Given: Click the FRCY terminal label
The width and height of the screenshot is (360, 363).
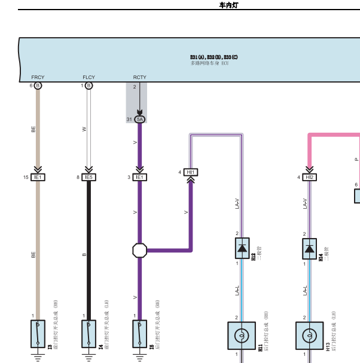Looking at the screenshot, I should pyautogui.click(x=38, y=78).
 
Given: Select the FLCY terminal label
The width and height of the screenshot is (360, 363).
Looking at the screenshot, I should pyautogui.click(x=89, y=78).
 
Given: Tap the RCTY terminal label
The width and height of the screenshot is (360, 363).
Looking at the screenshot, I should pyautogui.click(x=139, y=78).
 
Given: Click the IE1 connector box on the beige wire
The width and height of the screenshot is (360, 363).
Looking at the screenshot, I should pyautogui.click(x=38, y=177).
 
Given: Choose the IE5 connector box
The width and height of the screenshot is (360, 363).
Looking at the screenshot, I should pyautogui.click(x=89, y=177).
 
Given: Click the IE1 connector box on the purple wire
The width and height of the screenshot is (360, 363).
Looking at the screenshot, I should pyautogui.click(x=139, y=177).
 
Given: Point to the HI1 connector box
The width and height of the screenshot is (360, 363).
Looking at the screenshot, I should pyautogui.click(x=191, y=172).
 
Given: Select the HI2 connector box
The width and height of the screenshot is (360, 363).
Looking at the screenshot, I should pyautogui.click(x=309, y=177).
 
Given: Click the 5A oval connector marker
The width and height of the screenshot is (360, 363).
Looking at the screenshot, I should pyautogui.click(x=140, y=120).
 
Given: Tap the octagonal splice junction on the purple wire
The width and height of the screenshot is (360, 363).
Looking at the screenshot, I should pyautogui.click(x=139, y=250).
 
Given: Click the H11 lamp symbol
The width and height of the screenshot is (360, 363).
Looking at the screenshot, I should pyautogui.click(x=242, y=336).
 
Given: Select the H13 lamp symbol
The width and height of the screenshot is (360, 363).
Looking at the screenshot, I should pyautogui.click(x=309, y=336).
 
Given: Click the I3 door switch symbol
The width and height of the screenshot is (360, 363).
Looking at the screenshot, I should pyautogui.click(x=38, y=334).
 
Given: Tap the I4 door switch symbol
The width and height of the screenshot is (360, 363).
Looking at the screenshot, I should pyautogui.click(x=89, y=334).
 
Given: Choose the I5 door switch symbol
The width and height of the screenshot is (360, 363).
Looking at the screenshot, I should pyautogui.click(x=140, y=334).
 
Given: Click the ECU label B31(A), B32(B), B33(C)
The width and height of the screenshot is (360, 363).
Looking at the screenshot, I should pyautogui.click(x=213, y=57).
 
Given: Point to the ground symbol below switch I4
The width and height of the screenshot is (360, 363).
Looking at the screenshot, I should pyautogui.click(x=89, y=358).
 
